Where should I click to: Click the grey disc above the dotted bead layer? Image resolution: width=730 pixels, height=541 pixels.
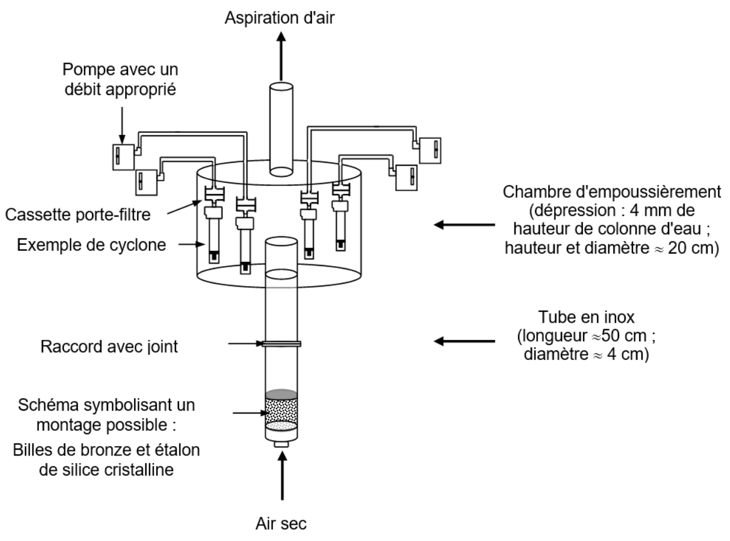[282, 394]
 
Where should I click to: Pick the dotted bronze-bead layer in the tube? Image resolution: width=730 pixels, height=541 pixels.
[282, 411]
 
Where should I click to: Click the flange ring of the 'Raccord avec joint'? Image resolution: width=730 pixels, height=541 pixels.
[282, 343]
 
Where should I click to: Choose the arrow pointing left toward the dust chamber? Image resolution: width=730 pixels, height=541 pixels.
[464, 224]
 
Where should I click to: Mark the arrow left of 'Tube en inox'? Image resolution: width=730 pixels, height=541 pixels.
[464, 341]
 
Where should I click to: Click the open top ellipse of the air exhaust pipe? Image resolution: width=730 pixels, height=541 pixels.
[281, 87]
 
